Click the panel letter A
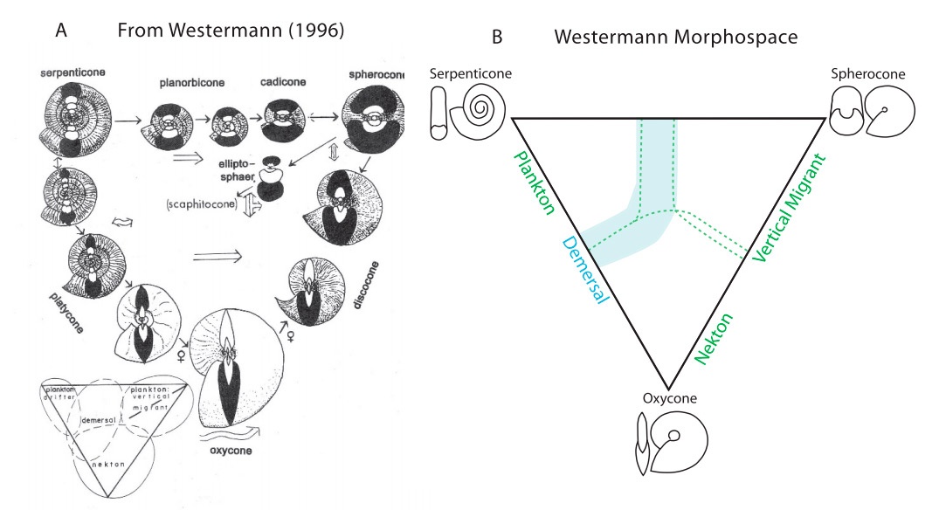point(61,31)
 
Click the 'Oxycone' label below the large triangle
point(668,400)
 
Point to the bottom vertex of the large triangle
point(667,389)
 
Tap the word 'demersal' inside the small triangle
point(99,420)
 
